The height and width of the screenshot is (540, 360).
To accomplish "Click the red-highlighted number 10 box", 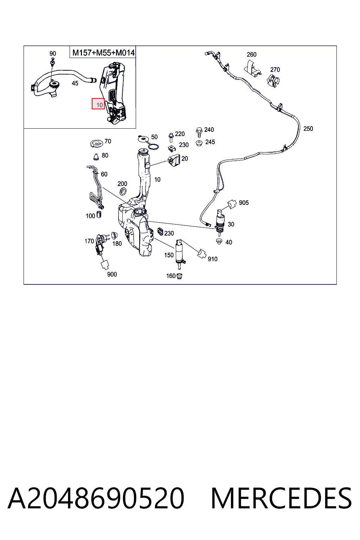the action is click(98, 104).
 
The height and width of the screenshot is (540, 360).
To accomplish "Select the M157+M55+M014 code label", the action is click(103, 52).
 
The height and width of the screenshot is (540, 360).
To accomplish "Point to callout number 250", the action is click(308, 128).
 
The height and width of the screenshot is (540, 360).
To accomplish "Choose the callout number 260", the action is click(251, 54).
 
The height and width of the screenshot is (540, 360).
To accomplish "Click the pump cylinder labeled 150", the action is click(180, 253).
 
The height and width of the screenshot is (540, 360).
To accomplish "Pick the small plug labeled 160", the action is click(179, 276).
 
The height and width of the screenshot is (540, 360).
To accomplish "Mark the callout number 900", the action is click(112, 274).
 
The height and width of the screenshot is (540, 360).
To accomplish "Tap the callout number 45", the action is click(75, 83).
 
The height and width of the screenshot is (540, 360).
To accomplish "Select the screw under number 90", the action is click(52, 63).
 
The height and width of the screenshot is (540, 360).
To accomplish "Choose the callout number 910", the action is click(212, 259).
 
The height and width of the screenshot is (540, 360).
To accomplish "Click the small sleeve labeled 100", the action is click(99, 214).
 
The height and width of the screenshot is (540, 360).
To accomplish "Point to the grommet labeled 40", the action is click(219, 241).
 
